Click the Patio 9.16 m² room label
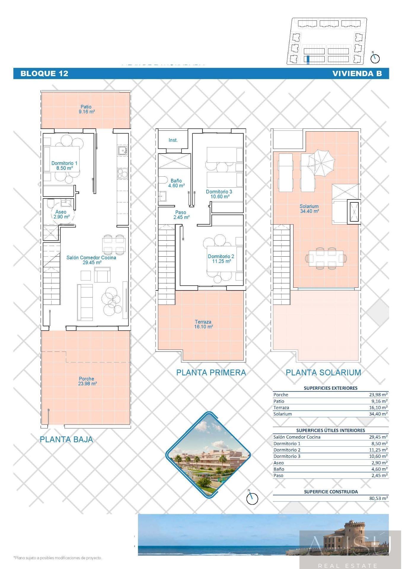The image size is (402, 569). (87, 109)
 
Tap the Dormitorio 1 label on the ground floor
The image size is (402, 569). (64, 166)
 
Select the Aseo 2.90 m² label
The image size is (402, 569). (61, 214)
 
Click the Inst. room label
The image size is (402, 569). (173, 140)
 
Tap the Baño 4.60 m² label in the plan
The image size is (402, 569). (176, 183)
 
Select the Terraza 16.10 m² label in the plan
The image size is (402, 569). (204, 324)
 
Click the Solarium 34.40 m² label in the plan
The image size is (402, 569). (309, 209)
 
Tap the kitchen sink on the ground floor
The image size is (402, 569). (122, 150)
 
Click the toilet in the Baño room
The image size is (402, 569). (162, 180)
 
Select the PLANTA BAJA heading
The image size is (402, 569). (66, 439)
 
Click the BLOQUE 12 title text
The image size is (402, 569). (44, 73)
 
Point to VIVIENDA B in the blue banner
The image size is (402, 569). (357, 73)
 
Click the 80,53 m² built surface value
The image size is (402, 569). (378, 498)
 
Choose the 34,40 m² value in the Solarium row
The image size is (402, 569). (378, 414)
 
